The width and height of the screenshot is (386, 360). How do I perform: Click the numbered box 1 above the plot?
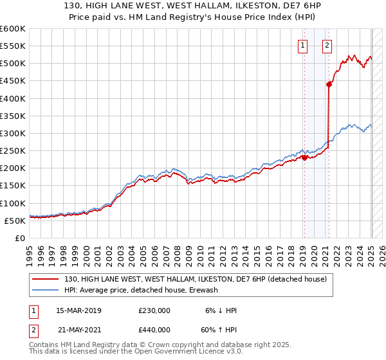pos(302,45)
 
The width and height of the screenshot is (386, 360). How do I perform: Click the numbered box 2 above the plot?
pos(327,45)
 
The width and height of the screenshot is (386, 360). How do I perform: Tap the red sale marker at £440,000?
pos(329,84)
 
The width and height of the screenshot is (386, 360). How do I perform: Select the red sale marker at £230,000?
pos(304,157)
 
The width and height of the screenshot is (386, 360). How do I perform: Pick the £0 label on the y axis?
pos(19,238)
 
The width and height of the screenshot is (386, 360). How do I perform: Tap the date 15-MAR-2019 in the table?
pos(78,310)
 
